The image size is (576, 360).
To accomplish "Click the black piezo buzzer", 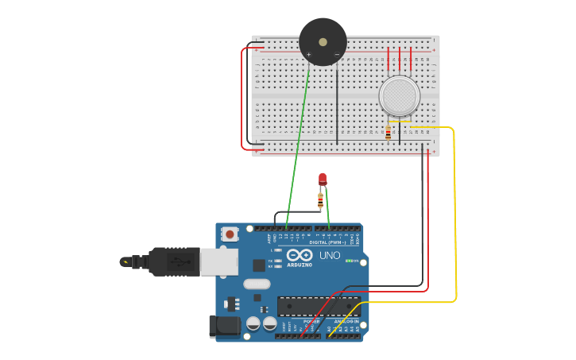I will tap(323, 41).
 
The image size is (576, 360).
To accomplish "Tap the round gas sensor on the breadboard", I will tap(399, 95).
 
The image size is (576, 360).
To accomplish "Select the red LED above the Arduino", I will tap(322, 179).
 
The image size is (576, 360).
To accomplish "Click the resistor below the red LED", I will tap(320, 200).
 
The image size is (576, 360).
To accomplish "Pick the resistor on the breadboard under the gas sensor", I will tap(388, 133).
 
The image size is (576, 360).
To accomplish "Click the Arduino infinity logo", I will tap(300, 255).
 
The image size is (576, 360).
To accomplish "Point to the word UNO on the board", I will tap(329, 255).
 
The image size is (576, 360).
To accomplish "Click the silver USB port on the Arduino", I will tap(218, 261).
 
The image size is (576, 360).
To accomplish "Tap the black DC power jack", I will tap(224, 327).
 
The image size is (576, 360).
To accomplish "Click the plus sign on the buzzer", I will tap(308, 55).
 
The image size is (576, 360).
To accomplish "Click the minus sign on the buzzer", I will tap(337, 55).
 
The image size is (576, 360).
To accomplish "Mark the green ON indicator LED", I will tap(350, 261).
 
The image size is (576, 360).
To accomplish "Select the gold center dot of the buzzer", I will tap(323, 41).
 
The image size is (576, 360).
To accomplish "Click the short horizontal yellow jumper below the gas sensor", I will tap(400, 122).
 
